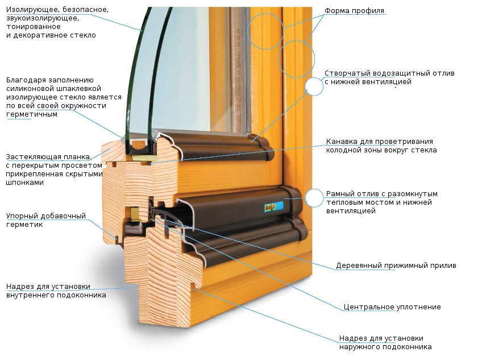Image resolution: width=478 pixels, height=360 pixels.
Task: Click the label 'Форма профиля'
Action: click(354, 11)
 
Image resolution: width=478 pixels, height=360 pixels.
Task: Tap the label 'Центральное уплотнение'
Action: click(392, 307)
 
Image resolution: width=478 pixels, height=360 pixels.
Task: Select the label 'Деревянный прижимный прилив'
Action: click(396, 266)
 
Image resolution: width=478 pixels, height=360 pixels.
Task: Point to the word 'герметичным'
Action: click(32, 114)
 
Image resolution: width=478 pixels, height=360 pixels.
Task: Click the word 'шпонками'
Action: click(24, 183)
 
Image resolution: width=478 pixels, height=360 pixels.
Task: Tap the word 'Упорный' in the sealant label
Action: click(22, 216)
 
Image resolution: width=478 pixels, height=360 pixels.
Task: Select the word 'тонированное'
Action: click(33, 27)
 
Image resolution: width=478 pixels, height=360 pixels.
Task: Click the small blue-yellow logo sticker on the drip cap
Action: click(270, 207)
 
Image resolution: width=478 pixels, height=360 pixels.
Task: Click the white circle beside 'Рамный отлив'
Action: click(314, 198)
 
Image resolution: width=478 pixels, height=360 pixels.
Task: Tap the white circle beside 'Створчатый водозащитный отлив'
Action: click(314, 86)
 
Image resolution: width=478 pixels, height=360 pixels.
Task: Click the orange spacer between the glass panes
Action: click(140, 145)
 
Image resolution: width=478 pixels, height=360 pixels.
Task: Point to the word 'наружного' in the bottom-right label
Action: click(359, 347)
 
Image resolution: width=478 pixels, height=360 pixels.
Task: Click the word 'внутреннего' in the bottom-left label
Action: click(31, 295)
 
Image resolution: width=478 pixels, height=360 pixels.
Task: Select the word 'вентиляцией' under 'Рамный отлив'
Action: click(351, 211)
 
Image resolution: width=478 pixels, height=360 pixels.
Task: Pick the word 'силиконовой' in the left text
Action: click(30, 89)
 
